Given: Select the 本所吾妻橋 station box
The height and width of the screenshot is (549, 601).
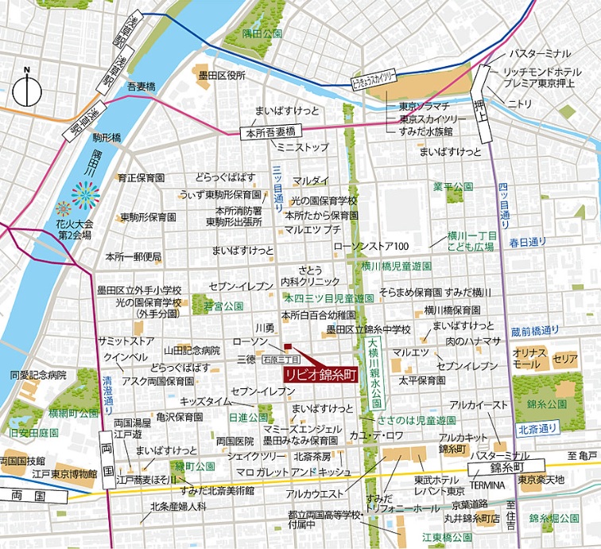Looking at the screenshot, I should tap(270, 132).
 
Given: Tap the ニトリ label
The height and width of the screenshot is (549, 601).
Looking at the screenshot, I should tap(520, 103).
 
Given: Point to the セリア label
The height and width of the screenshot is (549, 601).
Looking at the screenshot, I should tap(565, 359).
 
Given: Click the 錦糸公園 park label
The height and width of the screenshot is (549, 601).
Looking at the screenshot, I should tap(552, 404).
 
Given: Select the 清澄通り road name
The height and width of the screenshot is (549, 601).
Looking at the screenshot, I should tap(107, 391).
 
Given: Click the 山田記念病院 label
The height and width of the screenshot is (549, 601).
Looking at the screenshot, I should tap(192, 350).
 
